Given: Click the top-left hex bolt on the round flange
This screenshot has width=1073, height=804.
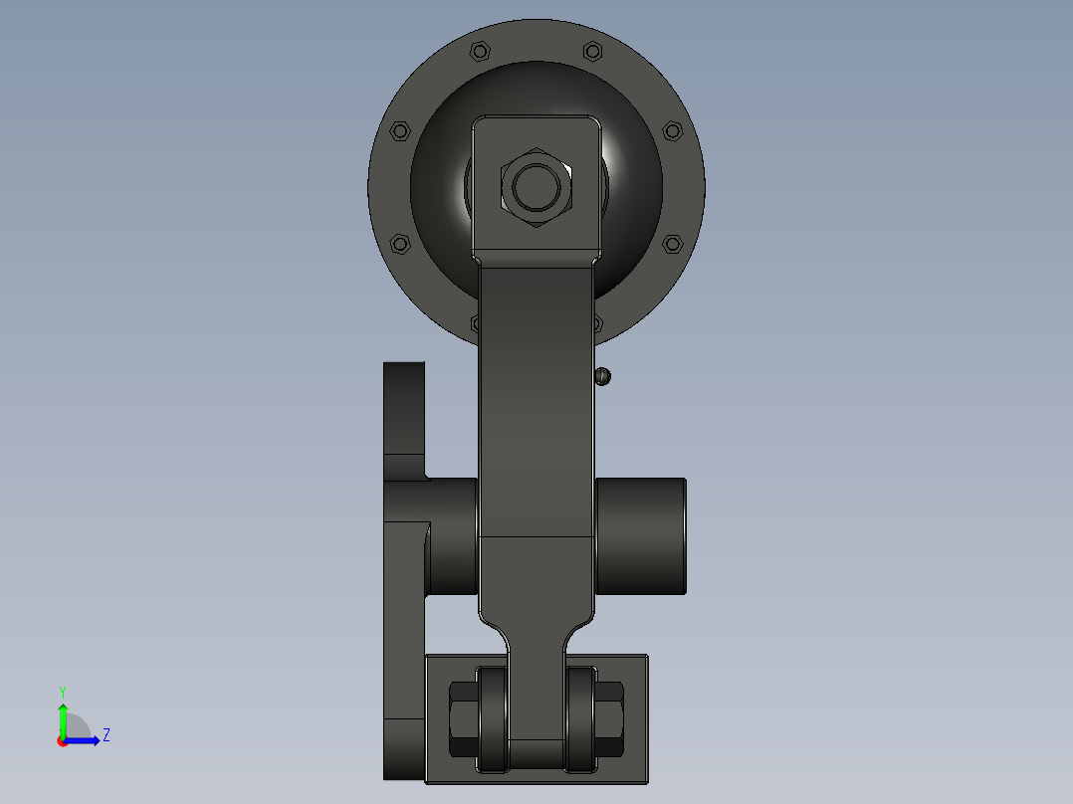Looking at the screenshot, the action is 480,52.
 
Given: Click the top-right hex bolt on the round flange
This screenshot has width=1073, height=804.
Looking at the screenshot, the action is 592,52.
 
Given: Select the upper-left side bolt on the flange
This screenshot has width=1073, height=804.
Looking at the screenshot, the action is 400,130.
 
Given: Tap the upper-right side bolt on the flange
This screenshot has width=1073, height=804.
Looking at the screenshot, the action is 673,130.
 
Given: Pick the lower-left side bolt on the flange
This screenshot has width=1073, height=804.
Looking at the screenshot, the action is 400,244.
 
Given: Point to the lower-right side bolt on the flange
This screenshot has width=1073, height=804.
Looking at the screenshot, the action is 673,244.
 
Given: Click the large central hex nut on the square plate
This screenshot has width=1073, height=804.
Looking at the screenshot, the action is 536,187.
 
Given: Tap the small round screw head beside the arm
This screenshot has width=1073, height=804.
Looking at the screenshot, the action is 602,376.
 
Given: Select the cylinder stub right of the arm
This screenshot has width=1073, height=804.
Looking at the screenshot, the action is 641,535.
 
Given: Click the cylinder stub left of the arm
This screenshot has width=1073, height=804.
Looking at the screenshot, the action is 452,535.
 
